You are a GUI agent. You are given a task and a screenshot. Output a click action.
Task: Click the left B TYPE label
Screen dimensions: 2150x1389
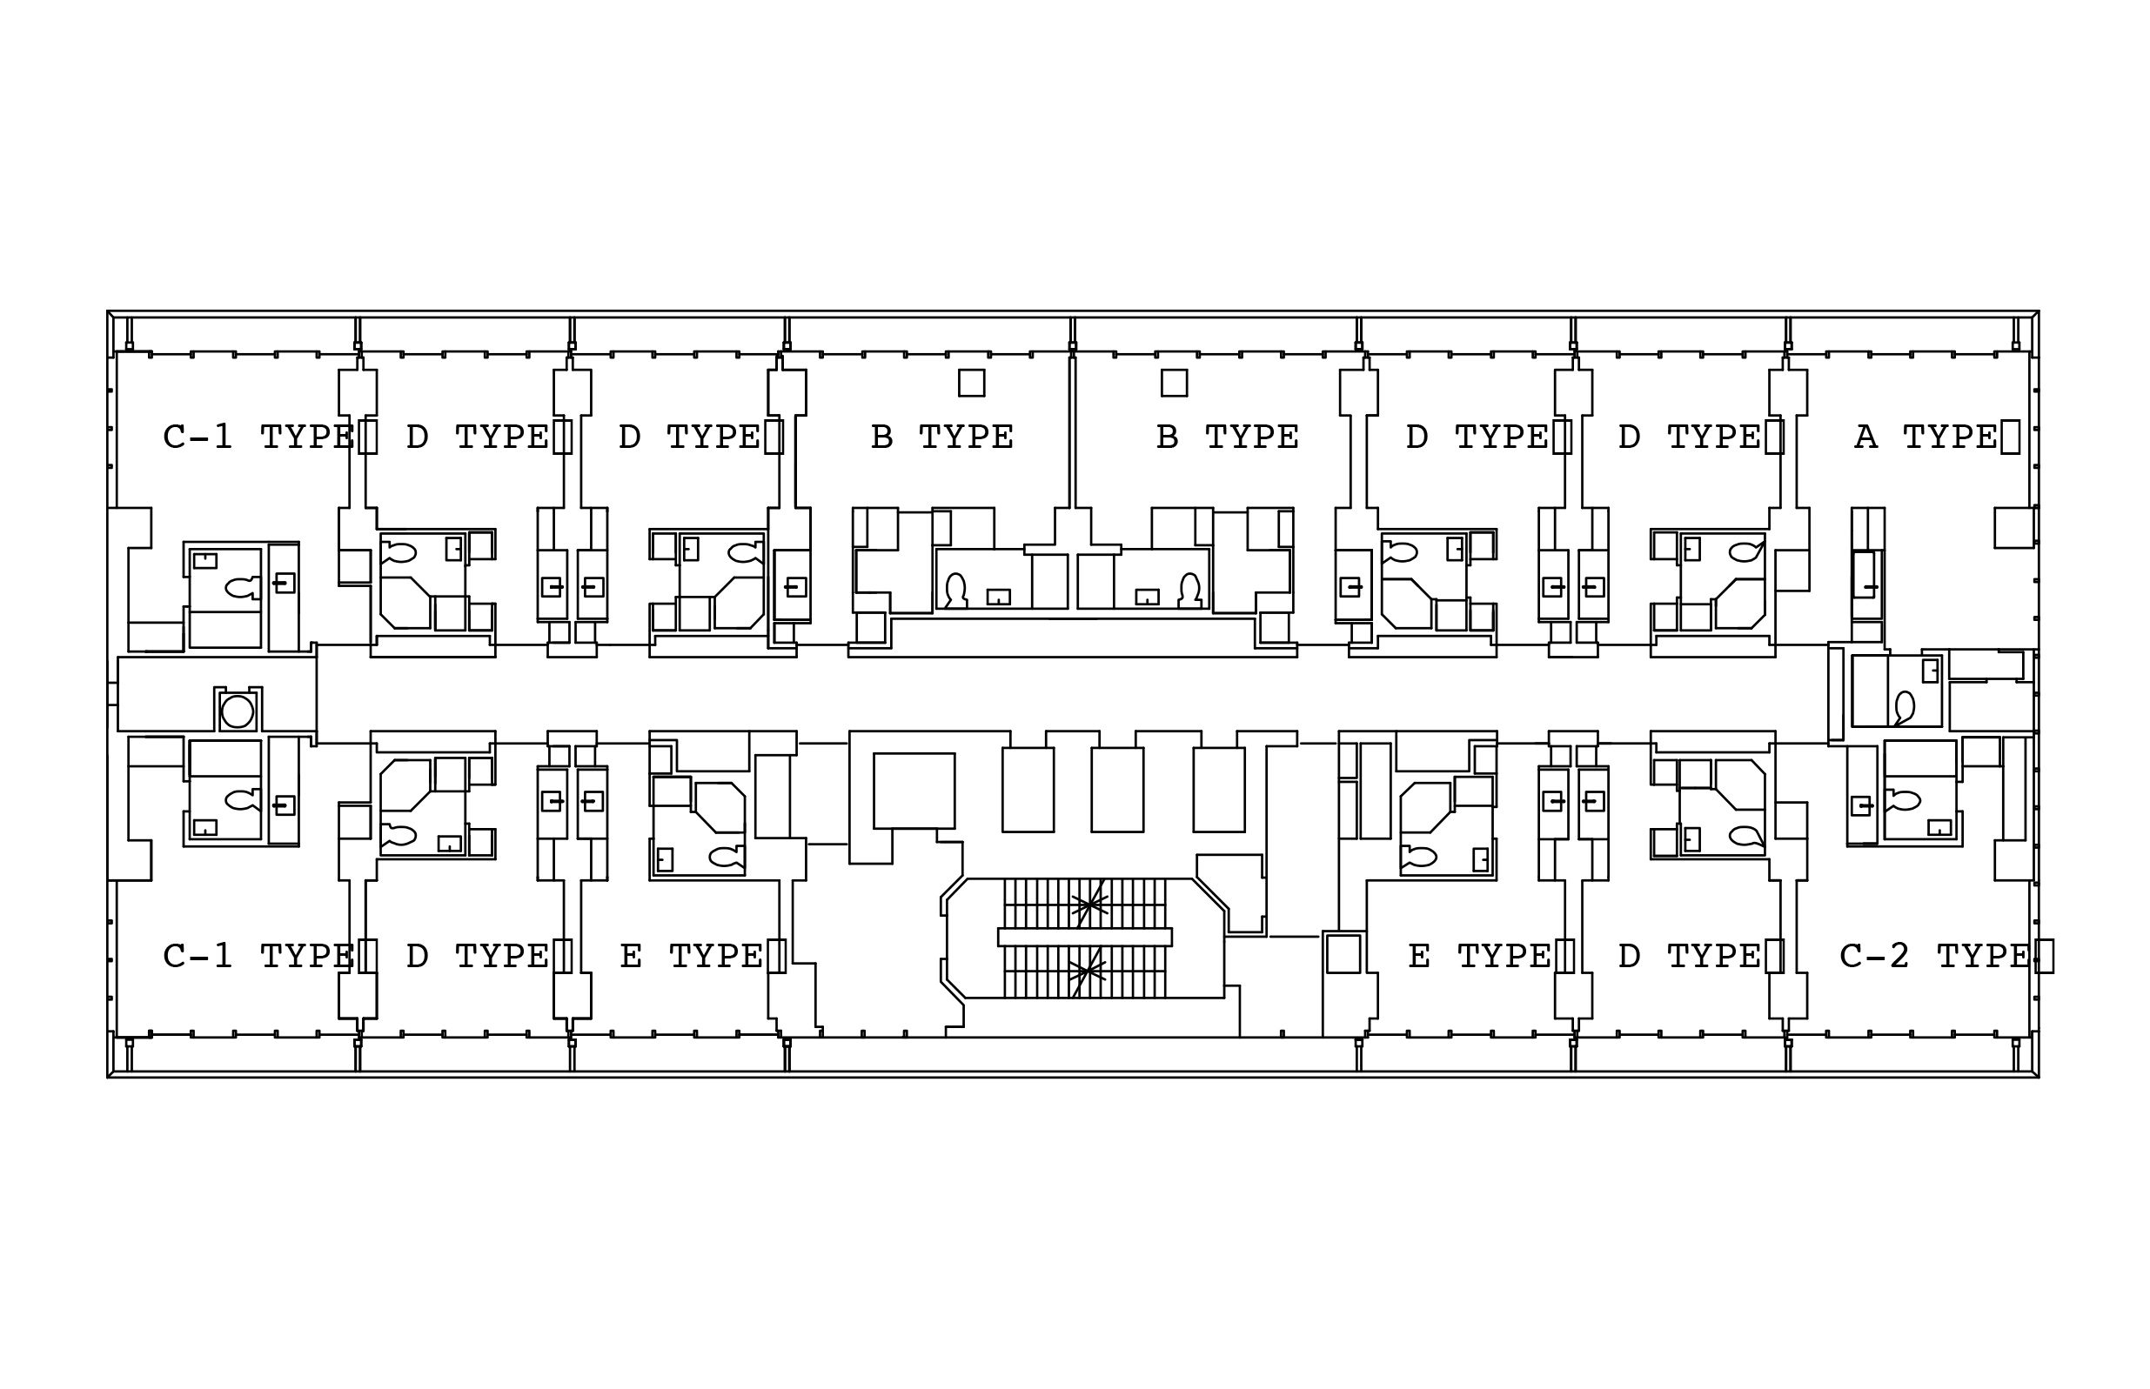point(942,437)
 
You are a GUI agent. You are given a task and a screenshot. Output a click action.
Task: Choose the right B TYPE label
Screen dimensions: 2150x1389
point(1227,437)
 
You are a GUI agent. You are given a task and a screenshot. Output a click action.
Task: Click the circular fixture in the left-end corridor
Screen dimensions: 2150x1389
point(238,711)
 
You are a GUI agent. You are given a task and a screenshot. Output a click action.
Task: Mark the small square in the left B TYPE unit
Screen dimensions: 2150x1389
point(971,383)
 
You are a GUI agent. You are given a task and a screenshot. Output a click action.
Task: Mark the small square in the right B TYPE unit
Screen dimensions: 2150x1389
point(1174,383)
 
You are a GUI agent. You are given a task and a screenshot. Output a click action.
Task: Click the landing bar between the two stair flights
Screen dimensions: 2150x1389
point(1084,937)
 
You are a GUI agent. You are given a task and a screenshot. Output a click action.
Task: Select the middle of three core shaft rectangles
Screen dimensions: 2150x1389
point(1117,789)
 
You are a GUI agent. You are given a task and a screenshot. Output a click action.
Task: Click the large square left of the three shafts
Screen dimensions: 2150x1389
point(914,790)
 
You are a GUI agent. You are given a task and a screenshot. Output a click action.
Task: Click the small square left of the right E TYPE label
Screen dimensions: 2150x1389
point(1343,953)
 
